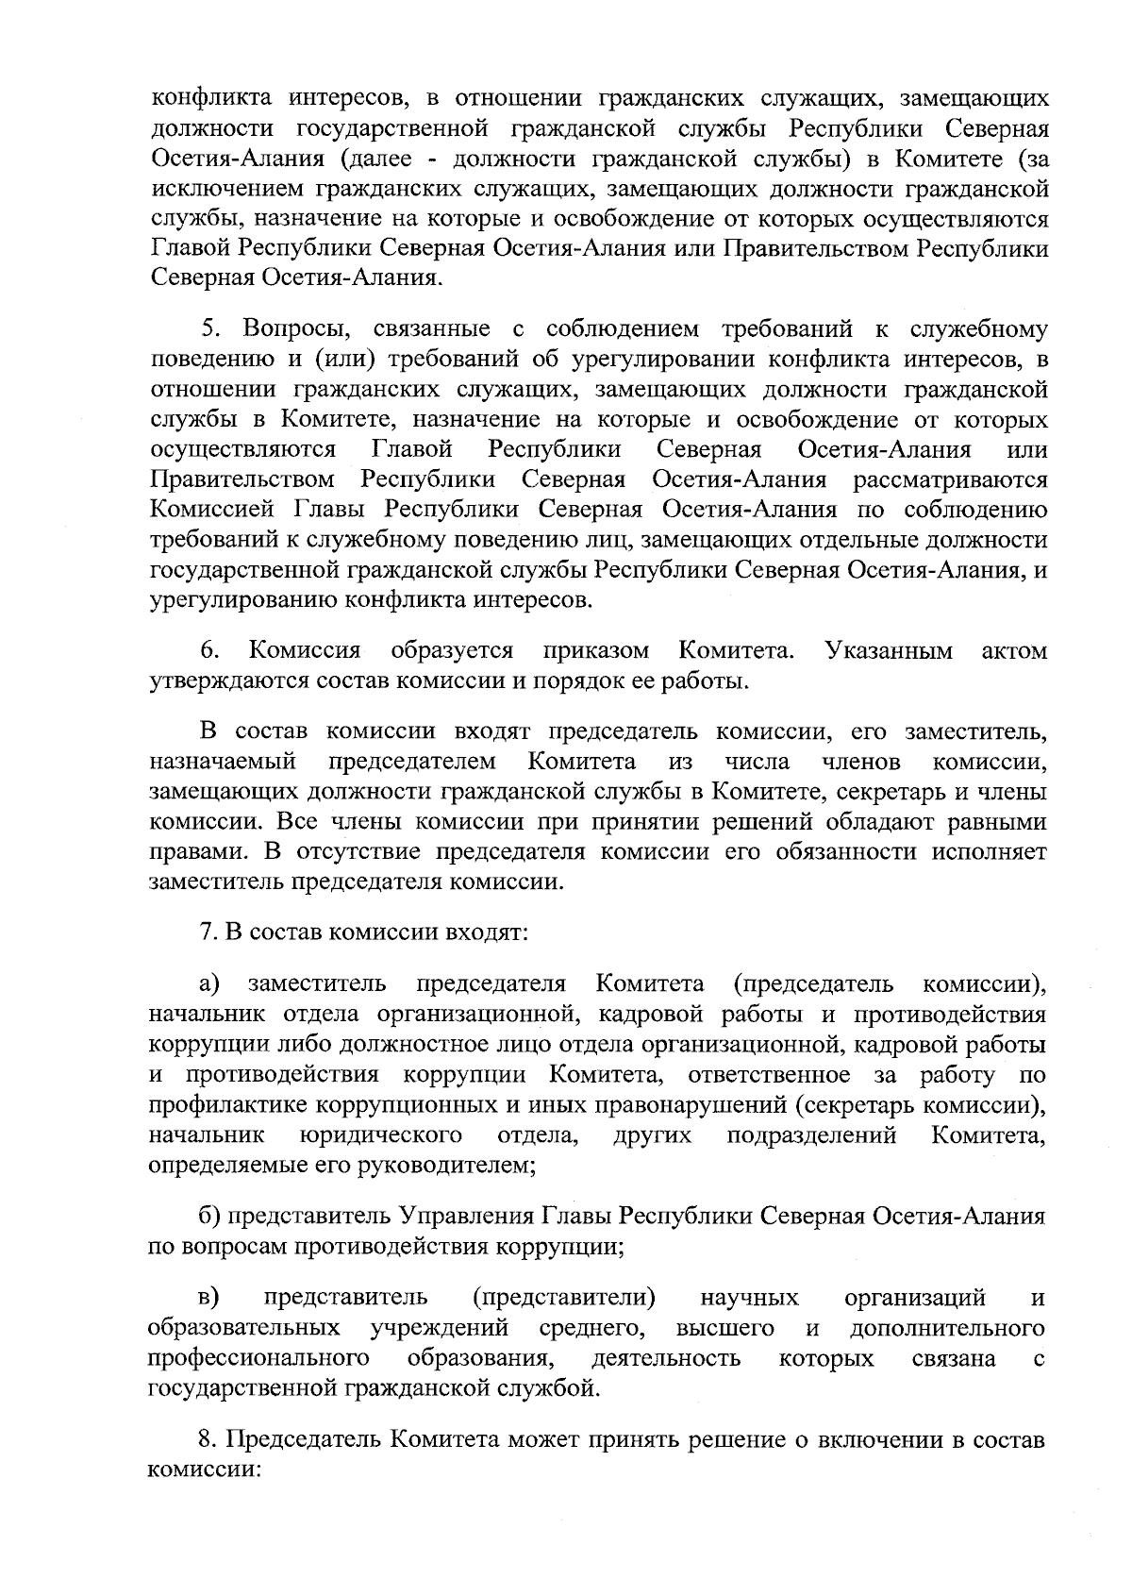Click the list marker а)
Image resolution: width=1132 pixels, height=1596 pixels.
pyautogui.click(x=209, y=984)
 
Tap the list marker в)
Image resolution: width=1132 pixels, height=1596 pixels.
pyautogui.click(x=209, y=1298)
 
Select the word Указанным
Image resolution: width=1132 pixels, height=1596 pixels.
pyautogui.click(x=888, y=650)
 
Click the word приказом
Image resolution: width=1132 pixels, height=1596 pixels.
pyautogui.click(x=596, y=652)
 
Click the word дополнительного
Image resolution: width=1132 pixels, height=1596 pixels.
pyautogui.click(x=947, y=1329)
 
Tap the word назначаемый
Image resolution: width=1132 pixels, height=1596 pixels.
pyautogui.click(x=223, y=761)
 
